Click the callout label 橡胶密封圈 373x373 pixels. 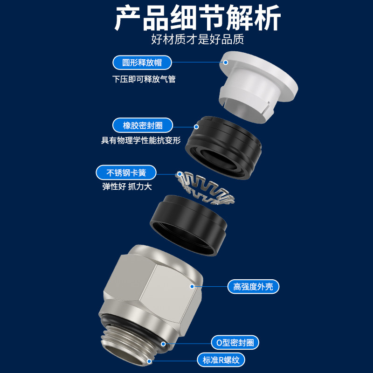[143, 125]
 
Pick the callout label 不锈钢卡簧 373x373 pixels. [126, 173]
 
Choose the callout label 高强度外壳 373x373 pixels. [253, 286]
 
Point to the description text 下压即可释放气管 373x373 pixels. [144, 79]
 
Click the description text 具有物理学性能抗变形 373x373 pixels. [140, 140]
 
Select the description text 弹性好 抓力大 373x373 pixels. [127, 186]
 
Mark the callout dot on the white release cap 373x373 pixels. [226, 62]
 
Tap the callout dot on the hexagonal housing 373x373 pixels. [192, 286]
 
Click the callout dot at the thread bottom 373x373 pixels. [150, 360]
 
